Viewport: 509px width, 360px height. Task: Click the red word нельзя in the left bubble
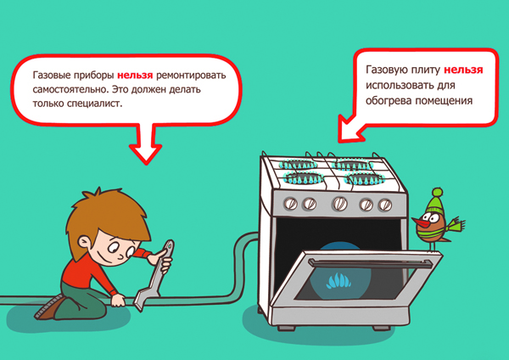coord(135,75)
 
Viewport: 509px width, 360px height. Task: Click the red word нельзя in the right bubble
coord(463,70)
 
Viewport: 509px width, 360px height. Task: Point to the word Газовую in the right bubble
coord(387,70)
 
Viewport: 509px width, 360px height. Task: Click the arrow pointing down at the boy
coord(146,143)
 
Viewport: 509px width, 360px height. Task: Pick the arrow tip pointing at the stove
coord(339,140)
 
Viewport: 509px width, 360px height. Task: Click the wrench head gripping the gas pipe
coord(141,301)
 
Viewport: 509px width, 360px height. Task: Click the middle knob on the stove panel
coord(340,204)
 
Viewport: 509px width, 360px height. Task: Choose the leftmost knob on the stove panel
coord(290,204)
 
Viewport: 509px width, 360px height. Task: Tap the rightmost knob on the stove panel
coord(385,205)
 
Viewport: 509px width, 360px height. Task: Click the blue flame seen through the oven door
coord(338,281)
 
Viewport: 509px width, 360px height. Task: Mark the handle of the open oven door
coord(370,263)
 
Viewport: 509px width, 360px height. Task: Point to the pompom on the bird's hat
coord(437,193)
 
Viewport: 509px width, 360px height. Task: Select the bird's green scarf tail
coord(456,224)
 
